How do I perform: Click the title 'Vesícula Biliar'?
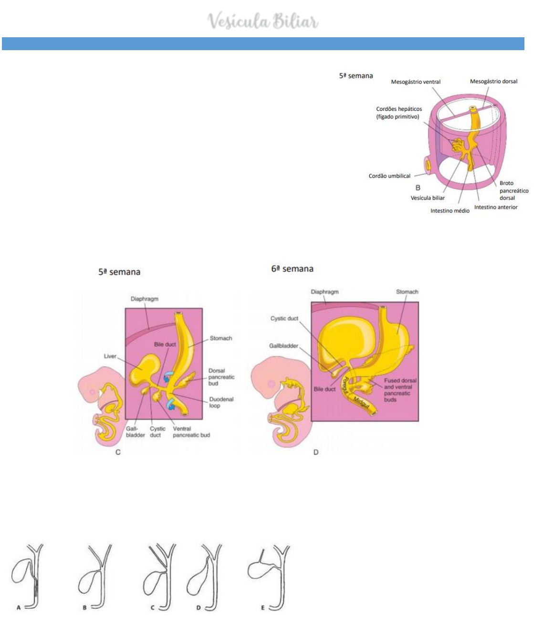[x=263, y=21]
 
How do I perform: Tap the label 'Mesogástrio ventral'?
[x=416, y=82]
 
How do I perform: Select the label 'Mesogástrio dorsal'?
[x=493, y=82]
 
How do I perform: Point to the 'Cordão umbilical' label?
[x=389, y=176]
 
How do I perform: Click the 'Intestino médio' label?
[x=450, y=211]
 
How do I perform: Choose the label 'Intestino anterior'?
[x=495, y=207]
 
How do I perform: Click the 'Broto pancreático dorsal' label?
[x=513, y=191]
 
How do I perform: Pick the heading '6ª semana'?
[x=292, y=269]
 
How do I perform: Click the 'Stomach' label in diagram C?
[x=221, y=338]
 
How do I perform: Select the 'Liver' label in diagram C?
[x=110, y=356]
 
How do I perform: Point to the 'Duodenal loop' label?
[x=221, y=402]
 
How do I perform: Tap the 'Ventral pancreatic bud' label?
[x=191, y=432]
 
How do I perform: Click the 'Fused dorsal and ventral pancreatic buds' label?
[x=400, y=390]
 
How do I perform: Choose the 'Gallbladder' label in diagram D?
[x=283, y=346]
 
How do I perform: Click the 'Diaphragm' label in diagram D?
[x=324, y=292]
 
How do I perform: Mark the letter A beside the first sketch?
[x=19, y=608]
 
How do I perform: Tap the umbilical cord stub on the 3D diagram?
[x=428, y=165]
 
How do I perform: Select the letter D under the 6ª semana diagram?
[x=316, y=452]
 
